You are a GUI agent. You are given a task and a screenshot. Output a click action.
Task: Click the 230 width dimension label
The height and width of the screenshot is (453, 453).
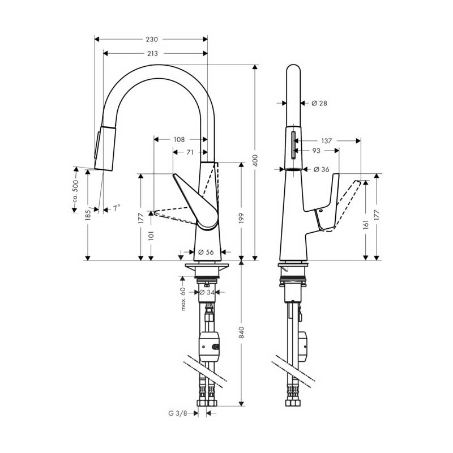coord(152,39)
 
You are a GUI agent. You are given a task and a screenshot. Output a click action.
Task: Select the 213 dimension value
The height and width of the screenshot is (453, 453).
coord(152,53)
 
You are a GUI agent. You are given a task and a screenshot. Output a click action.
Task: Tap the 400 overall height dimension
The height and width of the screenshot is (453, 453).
coord(255,161)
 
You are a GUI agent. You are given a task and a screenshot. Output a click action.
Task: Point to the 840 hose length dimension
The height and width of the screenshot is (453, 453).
coord(242,332)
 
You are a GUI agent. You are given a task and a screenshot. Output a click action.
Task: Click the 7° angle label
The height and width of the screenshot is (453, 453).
coord(117,208)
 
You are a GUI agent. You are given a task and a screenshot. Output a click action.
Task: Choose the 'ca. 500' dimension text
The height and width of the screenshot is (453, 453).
coord(75,191)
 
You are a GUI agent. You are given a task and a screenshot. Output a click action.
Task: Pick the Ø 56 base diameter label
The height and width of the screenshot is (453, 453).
coord(206,252)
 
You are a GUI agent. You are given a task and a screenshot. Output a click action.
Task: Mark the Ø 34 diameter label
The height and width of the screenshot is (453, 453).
coord(207,292)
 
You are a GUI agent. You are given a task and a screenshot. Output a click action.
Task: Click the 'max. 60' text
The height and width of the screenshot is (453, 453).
coord(183,299)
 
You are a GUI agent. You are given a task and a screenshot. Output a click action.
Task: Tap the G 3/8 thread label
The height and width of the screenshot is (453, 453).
coord(178,413)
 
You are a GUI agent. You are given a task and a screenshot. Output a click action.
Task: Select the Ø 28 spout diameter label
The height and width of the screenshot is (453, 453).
coord(319,103)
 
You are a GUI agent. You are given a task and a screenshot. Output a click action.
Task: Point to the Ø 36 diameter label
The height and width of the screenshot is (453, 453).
coord(321,169)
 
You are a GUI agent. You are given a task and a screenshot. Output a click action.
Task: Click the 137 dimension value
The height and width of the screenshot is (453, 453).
coord(327,141)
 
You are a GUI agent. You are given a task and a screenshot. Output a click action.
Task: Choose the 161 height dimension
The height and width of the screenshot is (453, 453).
coord(366,224)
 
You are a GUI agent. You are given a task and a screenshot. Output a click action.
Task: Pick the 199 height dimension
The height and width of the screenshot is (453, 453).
coord(242,218)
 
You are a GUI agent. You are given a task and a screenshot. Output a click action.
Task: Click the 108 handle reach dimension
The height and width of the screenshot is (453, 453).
coord(179,139)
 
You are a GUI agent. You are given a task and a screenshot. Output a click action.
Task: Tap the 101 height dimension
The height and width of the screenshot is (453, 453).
coord(151,236)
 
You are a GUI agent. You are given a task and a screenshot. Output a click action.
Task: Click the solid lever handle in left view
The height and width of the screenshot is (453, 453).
coord(196,202)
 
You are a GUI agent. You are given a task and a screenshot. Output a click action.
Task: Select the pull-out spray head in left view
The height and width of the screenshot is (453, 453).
coord(105,148)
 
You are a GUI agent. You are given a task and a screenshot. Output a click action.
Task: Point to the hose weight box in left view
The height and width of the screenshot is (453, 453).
coord(210,344)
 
